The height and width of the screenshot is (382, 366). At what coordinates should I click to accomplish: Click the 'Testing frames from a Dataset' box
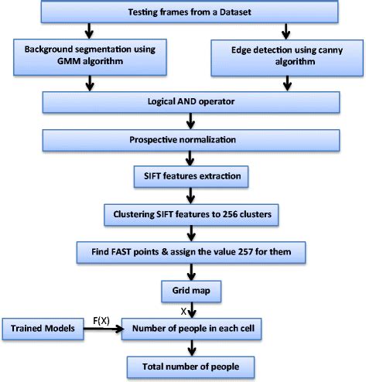(x=184, y=14)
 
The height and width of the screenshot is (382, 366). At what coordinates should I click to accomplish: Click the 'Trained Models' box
(x=42, y=328)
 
